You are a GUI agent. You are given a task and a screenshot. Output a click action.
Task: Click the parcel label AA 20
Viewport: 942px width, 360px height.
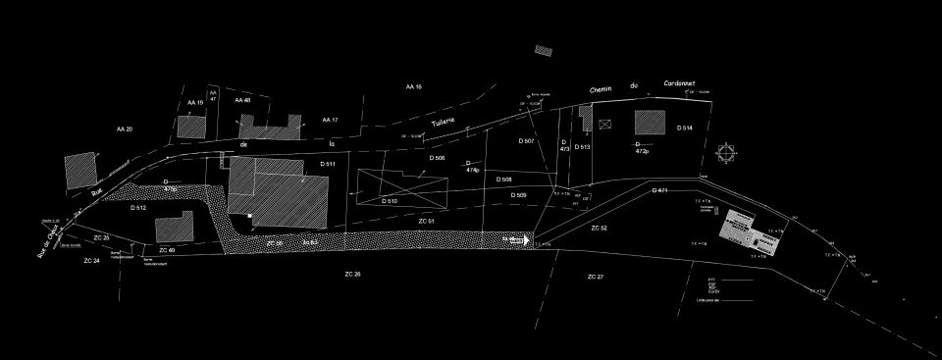point(124,129)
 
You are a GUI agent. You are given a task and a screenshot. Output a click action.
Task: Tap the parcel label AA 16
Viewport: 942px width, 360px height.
point(413,87)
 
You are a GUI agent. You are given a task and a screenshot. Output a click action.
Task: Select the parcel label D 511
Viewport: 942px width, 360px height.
point(328,163)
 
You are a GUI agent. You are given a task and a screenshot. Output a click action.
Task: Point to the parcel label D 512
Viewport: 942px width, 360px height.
point(137,208)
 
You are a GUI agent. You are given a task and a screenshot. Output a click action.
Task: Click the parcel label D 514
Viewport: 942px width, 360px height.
point(685,129)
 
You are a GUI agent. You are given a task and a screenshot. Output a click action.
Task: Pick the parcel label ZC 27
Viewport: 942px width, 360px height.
point(596,278)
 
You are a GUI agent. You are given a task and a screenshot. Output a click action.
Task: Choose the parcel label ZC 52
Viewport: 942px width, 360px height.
point(600,227)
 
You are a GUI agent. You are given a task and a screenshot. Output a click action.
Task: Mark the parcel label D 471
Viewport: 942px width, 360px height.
point(659,190)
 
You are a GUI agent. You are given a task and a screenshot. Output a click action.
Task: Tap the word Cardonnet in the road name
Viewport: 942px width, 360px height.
point(679,84)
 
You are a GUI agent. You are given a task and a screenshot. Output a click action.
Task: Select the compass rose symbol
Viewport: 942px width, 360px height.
point(726,152)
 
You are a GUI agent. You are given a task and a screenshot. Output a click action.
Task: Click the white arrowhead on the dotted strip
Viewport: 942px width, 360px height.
point(526,239)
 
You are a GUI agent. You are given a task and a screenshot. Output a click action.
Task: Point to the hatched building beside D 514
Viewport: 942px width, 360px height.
point(649,123)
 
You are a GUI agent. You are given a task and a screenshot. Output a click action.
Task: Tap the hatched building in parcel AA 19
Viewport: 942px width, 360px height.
point(190,127)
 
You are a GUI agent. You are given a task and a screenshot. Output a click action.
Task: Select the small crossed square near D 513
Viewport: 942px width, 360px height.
point(604,126)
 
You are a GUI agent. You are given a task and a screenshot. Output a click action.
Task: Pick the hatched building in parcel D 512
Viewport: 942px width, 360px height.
point(173,228)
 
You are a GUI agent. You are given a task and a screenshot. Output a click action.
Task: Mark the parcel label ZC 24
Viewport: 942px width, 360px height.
point(92,260)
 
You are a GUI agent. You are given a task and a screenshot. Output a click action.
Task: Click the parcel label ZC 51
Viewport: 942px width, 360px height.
point(426,223)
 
